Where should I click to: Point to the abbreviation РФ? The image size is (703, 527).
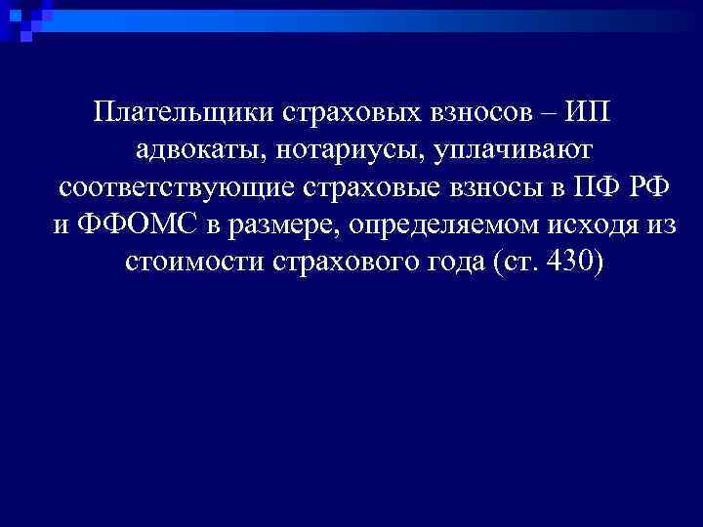pyautogui.click(x=650, y=188)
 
